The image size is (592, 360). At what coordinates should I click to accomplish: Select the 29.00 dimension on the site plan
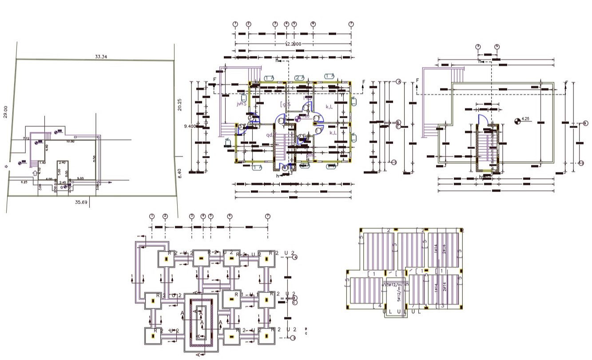point(6,112)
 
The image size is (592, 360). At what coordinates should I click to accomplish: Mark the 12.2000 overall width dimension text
point(293,44)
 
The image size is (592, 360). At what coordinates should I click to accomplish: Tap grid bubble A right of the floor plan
point(398,82)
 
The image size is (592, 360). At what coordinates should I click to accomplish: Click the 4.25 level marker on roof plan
point(525,119)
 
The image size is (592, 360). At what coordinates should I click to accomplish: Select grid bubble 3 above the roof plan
point(478,46)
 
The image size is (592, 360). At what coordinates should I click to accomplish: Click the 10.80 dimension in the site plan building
point(70,141)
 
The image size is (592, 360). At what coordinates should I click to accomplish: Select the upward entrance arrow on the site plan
point(35,172)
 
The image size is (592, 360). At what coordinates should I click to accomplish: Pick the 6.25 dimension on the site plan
point(24,182)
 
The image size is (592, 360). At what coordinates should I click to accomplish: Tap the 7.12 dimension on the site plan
point(26,139)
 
